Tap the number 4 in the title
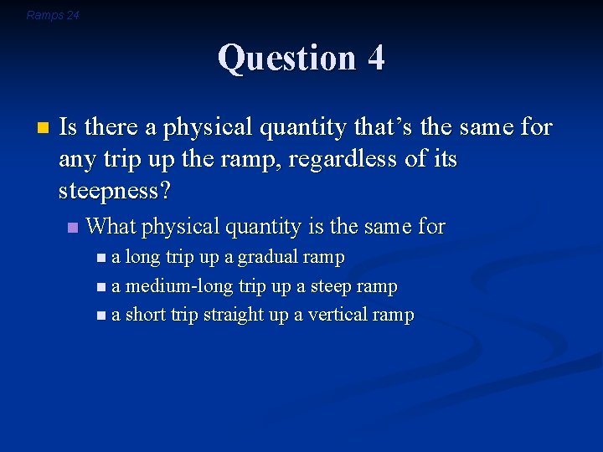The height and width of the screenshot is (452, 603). [375, 59]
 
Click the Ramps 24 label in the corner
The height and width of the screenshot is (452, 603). [53, 15]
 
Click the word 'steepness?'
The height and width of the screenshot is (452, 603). [115, 191]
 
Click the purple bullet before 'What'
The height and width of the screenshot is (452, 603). [73, 227]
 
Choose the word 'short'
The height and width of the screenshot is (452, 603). [145, 315]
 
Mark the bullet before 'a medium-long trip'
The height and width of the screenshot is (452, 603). [101, 287]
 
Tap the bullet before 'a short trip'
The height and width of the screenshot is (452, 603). [101, 316]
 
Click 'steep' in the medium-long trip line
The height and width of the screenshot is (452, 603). [331, 286]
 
